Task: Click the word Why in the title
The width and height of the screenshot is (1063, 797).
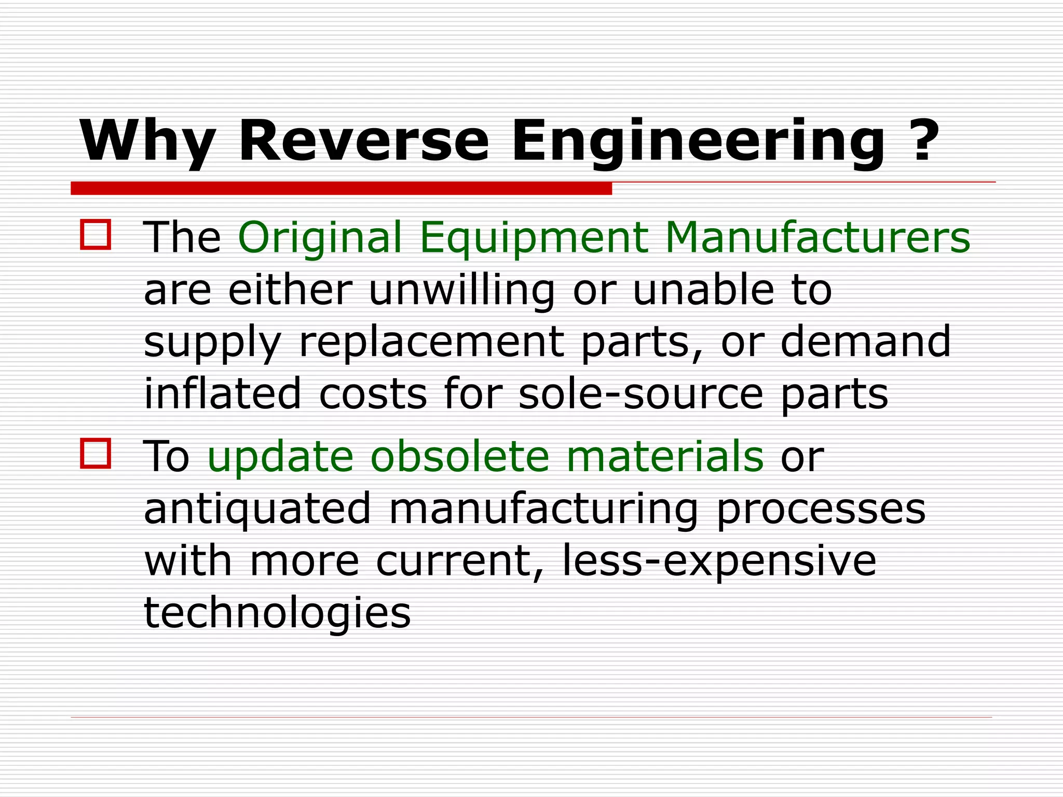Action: click(147, 141)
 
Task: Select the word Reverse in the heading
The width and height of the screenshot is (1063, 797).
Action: click(363, 141)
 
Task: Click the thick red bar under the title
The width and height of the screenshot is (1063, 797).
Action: click(341, 188)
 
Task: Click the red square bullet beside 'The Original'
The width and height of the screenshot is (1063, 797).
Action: click(96, 235)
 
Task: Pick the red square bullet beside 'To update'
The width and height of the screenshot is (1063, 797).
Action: click(96, 454)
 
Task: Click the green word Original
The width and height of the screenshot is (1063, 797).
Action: click(320, 238)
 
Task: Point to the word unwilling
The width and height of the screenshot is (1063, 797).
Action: click(461, 290)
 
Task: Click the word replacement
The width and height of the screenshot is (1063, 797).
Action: click(431, 342)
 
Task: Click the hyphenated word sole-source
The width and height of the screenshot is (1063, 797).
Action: click(640, 394)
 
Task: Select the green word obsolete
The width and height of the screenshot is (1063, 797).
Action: click(459, 456)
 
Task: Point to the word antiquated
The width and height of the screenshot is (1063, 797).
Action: click(257, 510)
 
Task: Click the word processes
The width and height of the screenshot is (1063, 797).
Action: click(821, 510)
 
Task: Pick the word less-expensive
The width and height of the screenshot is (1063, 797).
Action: click(719, 562)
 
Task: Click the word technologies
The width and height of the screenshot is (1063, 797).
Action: click(277, 614)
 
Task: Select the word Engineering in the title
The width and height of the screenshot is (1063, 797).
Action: click(698, 141)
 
